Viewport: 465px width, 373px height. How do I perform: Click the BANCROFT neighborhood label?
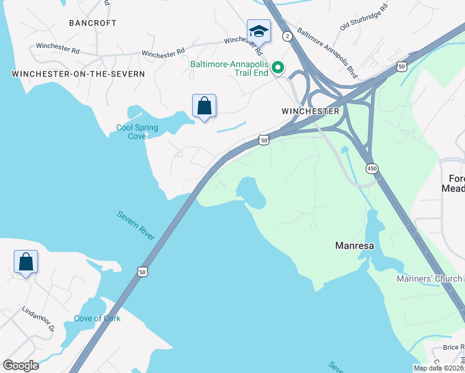point(93,23)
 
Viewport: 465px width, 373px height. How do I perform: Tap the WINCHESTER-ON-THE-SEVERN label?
point(78,74)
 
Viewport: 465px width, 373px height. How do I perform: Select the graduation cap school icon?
point(259,31)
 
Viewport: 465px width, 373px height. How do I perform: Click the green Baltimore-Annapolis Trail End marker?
point(278,67)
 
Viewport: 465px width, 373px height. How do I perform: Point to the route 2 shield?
point(287,36)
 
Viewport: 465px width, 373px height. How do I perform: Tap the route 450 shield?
point(372,168)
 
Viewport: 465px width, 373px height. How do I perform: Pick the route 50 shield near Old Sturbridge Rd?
point(402,66)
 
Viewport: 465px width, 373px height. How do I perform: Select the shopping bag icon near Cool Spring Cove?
point(204,106)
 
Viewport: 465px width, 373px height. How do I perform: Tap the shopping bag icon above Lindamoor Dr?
point(26,262)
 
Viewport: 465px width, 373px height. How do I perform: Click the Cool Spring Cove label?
point(137,132)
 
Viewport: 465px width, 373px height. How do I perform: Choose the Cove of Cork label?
point(97,318)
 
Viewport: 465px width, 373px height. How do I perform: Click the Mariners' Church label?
point(429,279)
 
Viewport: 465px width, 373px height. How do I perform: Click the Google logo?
point(21,366)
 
